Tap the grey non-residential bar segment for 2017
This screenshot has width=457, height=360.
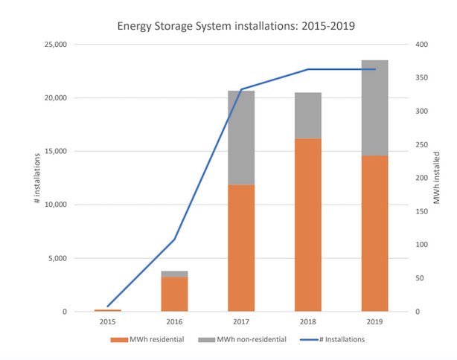pos(241,138)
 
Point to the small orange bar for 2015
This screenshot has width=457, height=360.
pos(108,310)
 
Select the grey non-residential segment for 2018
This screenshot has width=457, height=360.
pos(308,115)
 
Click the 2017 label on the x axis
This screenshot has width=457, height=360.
pos(241,323)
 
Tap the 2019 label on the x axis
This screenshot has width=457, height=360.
pos(374,323)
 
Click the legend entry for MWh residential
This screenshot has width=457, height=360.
pos(149,339)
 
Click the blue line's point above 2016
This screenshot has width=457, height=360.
pos(174,240)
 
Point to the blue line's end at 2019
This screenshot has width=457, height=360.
pos(374,69)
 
